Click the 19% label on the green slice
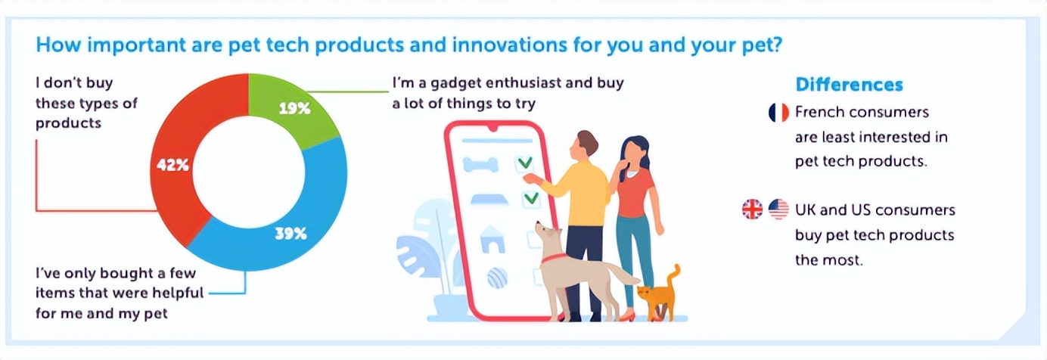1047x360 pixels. coord(294,109)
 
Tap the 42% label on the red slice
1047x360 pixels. coord(172,165)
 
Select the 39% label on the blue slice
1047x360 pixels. coord(290,233)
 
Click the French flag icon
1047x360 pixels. coord(778,113)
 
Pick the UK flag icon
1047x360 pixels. coord(753,209)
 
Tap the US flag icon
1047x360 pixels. coord(778,209)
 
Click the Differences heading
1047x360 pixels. coord(850,85)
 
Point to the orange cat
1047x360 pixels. coord(659,293)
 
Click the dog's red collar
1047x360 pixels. coord(553,258)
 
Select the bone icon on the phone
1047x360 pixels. coord(481,165)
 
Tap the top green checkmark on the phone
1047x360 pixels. coord(525,163)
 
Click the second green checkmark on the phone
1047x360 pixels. coord(531,198)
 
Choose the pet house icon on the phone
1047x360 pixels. coord(492,240)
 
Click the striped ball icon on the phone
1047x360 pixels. coord(497,278)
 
